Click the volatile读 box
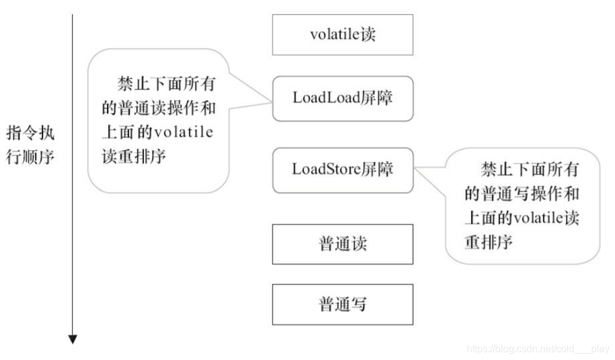click(343, 34)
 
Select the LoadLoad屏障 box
click(343, 98)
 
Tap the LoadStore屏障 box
click(343, 169)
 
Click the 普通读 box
click(343, 244)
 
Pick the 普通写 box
click(343, 304)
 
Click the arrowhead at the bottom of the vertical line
click(73, 339)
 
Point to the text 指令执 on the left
click(31, 133)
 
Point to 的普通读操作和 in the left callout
click(158, 108)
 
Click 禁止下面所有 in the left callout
click(167, 84)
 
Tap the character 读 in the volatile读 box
click(368, 34)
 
